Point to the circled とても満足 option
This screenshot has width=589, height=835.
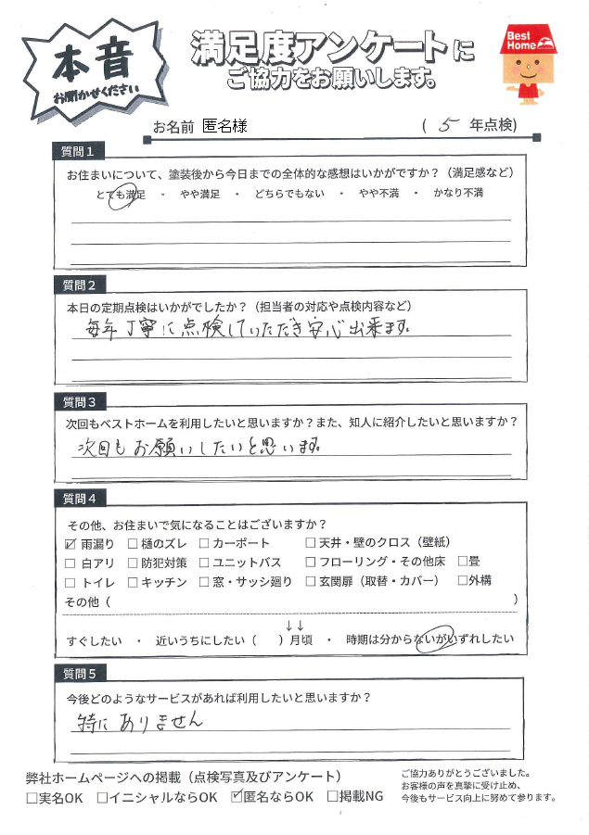[x=121, y=195]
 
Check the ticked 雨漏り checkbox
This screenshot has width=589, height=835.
[x=71, y=543]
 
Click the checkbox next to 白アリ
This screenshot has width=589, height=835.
[x=71, y=563]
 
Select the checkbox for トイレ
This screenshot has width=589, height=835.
[x=71, y=582]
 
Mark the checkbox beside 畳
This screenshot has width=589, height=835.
[x=463, y=562]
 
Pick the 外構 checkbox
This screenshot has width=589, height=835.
[x=463, y=582]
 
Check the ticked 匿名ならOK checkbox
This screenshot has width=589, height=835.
[x=237, y=796]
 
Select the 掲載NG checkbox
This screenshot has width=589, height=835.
[x=332, y=796]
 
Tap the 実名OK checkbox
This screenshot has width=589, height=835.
[x=32, y=796]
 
